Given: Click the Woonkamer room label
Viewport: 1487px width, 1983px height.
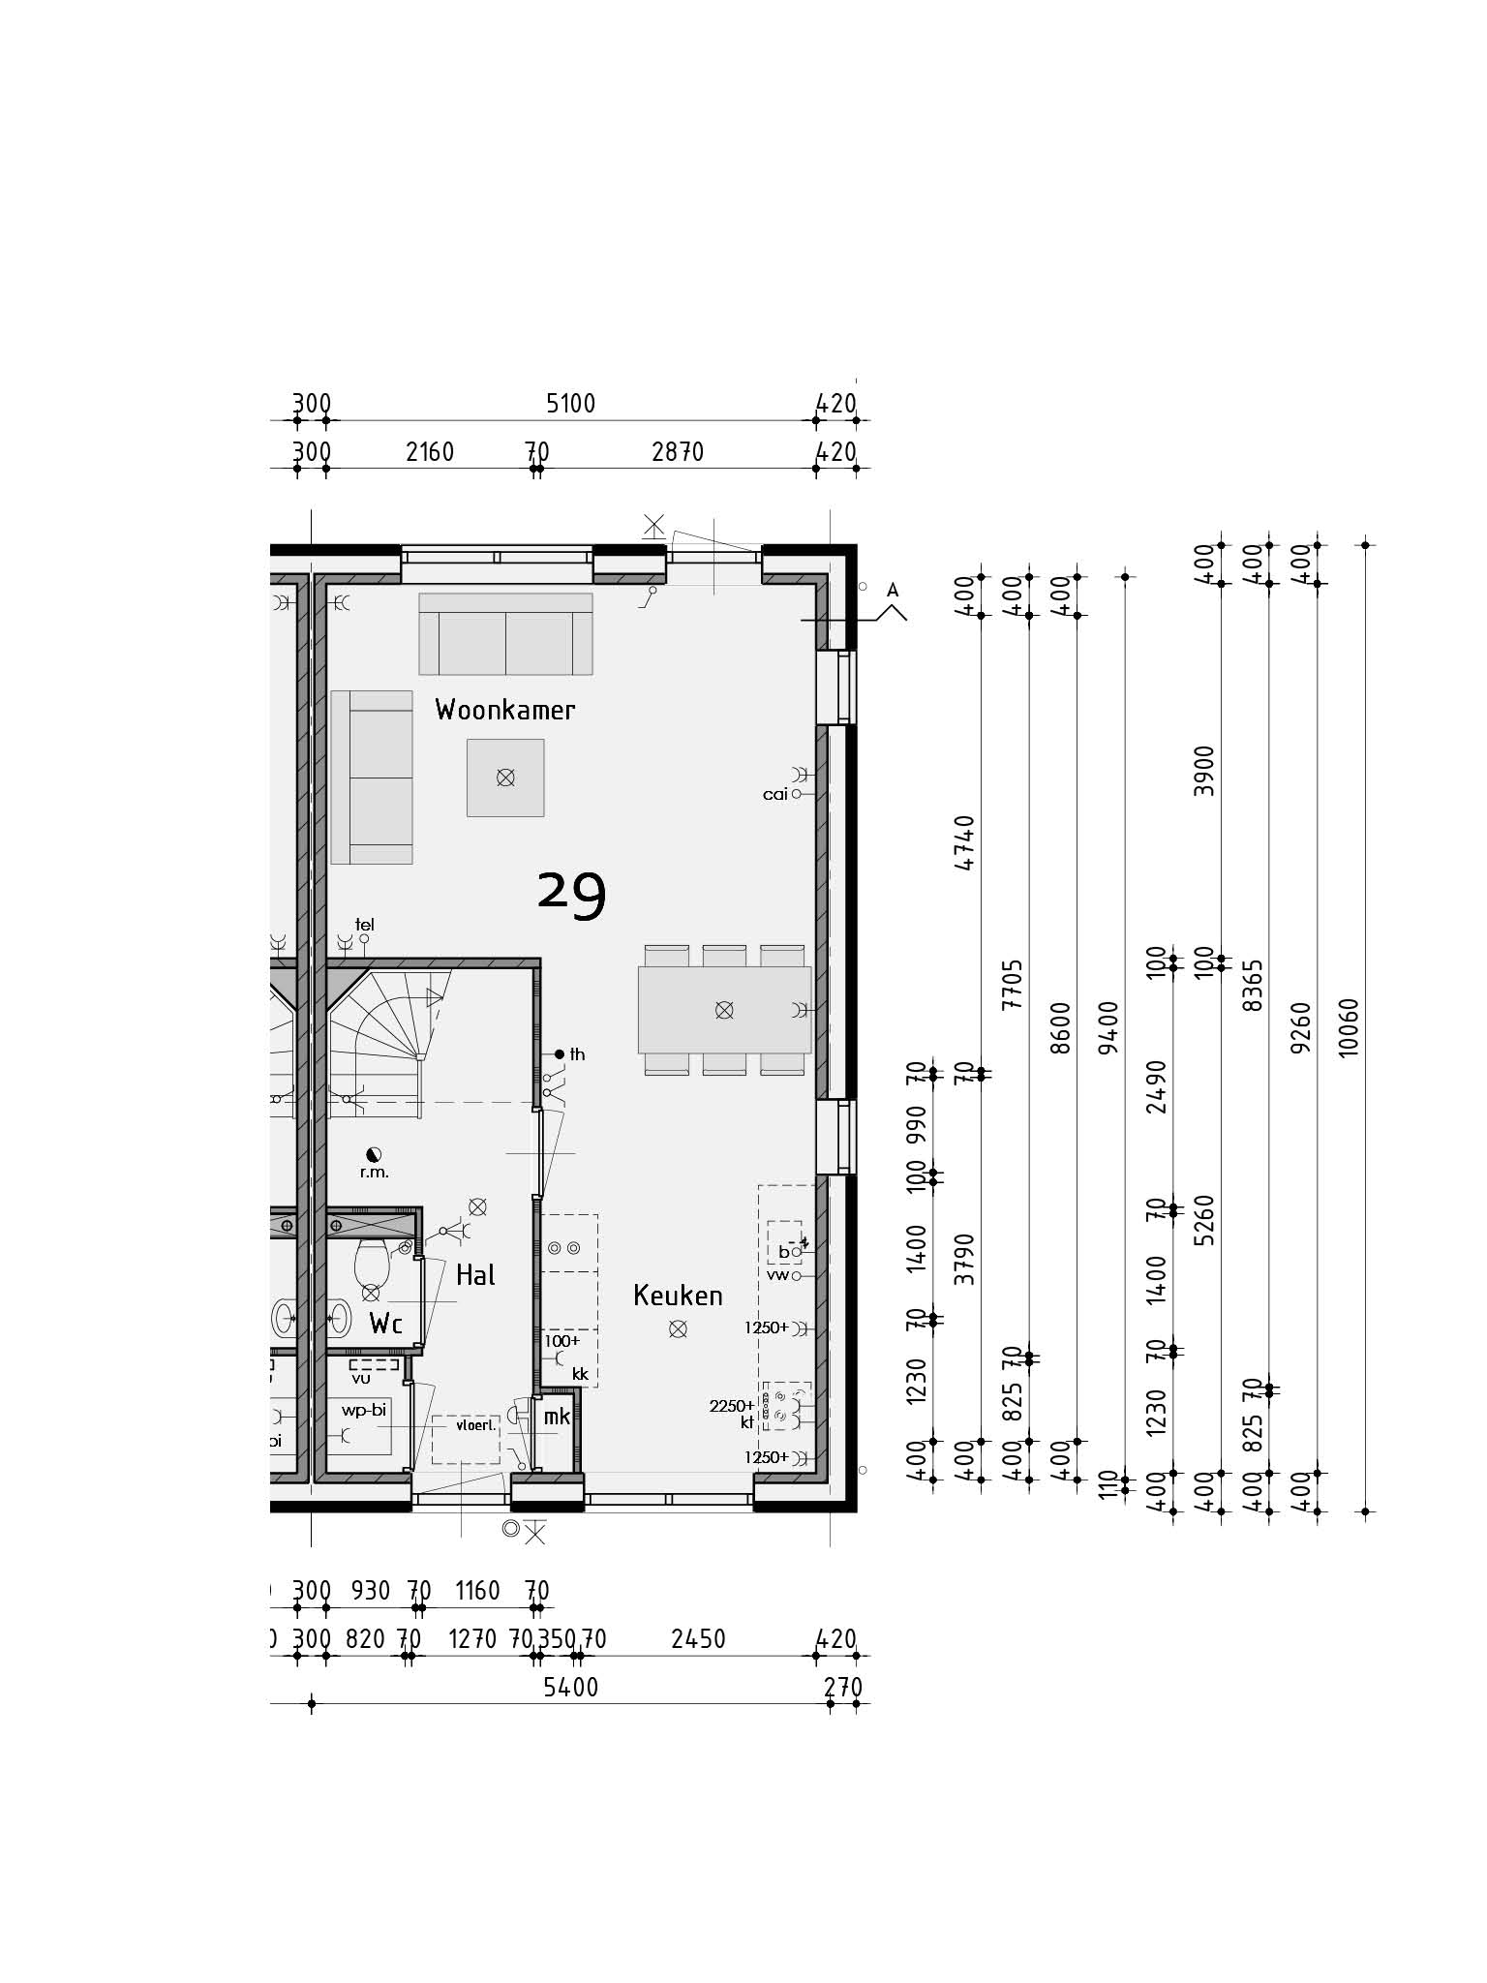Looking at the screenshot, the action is [x=504, y=710].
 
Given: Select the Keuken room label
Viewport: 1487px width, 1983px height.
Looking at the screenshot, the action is [x=678, y=1296].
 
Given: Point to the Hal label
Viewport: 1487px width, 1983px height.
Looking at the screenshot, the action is [x=475, y=1275].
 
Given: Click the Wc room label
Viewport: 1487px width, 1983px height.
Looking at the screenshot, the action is [x=385, y=1324].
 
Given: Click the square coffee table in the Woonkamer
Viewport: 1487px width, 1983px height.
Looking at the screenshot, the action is [x=505, y=778].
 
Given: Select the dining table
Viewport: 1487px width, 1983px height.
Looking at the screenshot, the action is [x=724, y=1010].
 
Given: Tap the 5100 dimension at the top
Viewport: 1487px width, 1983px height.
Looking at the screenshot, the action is [x=570, y=403].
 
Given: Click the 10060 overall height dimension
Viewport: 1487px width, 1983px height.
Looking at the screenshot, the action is [x=1349, y=1027].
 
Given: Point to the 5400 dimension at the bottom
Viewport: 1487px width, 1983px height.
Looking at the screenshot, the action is [x=570, y=1688].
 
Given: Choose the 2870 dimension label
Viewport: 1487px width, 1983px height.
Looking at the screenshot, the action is [x=678, y=451].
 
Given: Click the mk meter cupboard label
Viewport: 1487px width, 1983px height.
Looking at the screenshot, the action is [x=557, y=1417].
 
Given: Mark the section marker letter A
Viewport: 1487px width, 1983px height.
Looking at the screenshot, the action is [x=893, y=590].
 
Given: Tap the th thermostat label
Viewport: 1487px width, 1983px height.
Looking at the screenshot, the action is [x=577, y=1054].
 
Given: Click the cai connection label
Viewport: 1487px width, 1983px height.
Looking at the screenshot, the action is [x=775, y=794].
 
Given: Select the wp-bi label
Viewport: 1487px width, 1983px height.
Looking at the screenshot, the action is [x=363, y=1410].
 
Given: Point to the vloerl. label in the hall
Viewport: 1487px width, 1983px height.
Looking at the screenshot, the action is [x=475, y=1425].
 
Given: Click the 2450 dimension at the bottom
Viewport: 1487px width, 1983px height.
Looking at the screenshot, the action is [x=698, y=1639].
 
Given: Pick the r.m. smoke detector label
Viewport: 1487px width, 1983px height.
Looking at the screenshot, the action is [x=374, y=1173].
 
